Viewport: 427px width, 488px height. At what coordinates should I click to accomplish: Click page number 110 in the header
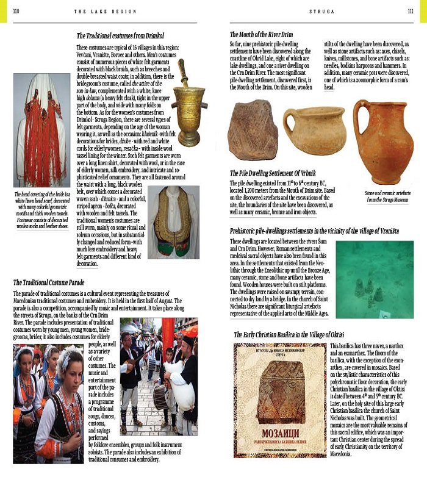(x=16, y=10)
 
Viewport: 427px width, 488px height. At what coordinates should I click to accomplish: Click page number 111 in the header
(x=410, y=10)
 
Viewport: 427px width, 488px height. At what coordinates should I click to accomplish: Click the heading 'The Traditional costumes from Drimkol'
(x=120, y=36)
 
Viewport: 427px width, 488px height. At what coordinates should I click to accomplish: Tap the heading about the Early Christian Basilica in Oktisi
(x=289, y=335)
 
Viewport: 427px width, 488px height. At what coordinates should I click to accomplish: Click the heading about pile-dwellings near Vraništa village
(x=314, y=231)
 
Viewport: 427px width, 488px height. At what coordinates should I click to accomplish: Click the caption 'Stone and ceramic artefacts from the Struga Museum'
(x=387, y=196)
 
